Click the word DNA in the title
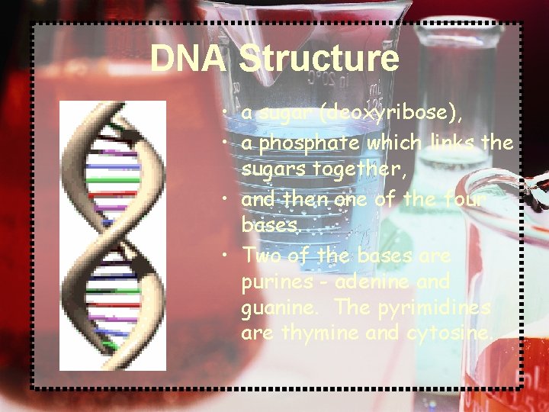coord(188,59)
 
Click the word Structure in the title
coord(319,59)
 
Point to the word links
coord(452,142)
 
